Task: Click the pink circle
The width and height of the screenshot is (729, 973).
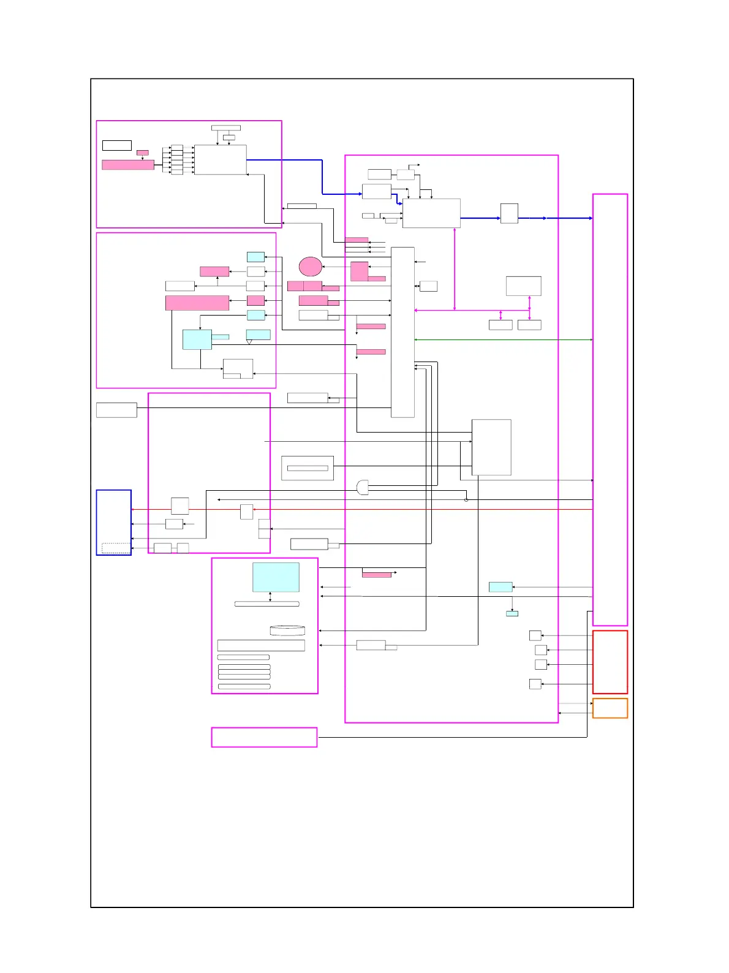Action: pos(311,267)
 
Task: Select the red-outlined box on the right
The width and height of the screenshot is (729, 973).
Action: pos(610,662)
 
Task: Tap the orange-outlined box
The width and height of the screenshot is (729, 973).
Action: pos(610,708)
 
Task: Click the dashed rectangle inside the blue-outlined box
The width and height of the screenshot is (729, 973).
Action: pos(116,548)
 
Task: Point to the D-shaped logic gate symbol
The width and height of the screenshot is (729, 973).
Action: pos(363,488)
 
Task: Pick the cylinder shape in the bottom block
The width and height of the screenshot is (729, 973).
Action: pos(287,630)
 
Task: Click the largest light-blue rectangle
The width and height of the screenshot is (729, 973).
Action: pos(276,577)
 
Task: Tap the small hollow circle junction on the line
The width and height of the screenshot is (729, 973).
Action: pos(466,500)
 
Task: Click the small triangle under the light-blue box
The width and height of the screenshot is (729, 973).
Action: pos(249,342)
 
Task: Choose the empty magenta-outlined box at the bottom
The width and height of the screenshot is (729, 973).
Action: pos(264,737)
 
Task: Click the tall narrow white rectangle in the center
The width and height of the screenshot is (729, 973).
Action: pos(402,332)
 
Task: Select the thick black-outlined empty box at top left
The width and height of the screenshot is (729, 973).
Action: pos(116,145)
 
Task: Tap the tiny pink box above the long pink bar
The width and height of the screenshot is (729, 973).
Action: pos(142,153)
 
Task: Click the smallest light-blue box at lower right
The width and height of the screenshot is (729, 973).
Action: pos(512,613)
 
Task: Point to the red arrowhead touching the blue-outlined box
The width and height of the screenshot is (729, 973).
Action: pos(134,510)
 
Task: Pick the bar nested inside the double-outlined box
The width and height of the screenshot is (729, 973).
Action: pos(308,468)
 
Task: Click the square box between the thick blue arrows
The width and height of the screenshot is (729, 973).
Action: pos(509,213)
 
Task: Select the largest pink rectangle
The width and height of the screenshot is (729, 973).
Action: pos(197,303)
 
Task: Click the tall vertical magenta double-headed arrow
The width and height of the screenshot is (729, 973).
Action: pos(455,270)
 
